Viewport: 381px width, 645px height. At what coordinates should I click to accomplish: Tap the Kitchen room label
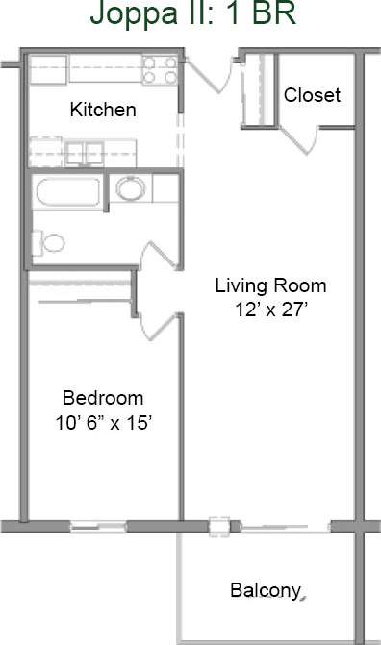coord(103,110)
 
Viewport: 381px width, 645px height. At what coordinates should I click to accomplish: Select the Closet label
coord(312,95)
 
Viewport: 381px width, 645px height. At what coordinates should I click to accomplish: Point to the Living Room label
coord(270,285)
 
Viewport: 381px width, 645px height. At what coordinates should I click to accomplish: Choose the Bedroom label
coord(103,397)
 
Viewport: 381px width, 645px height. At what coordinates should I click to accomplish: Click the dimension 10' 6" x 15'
coord(103,422)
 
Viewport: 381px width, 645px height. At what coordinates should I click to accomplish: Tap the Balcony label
coord(267,589)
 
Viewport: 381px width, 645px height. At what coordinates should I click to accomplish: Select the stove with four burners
coord(160,70)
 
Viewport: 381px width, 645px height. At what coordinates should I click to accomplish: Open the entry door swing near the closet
coord(210,73)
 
